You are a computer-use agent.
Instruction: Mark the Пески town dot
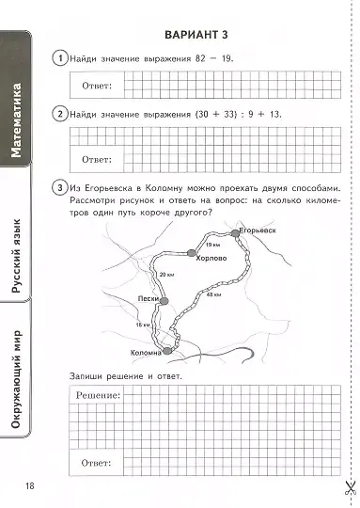pyautogui.click(x=164, y=300)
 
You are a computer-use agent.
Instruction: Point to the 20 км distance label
pyautogui.click(x=168, y=274)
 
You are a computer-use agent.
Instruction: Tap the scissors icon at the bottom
pyautogui.click(x=346, y=487)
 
